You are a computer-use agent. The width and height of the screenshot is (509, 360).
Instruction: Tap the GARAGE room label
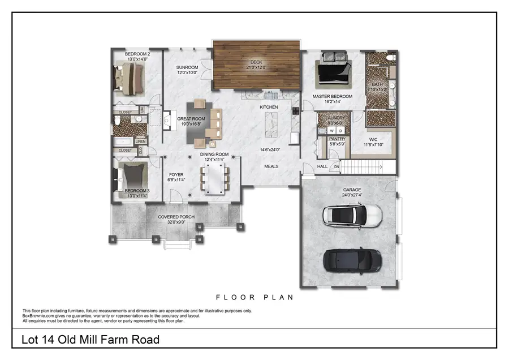(x=352, y=190)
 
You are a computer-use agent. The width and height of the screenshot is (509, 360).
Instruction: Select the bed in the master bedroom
(x=334, y=72)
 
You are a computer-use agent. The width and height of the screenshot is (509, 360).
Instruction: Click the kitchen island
(x=271, y=124)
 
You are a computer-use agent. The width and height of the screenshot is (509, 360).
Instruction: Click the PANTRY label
(x=337, y=139)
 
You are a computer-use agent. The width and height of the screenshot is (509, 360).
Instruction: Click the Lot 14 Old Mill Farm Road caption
(x=90, y=340)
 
